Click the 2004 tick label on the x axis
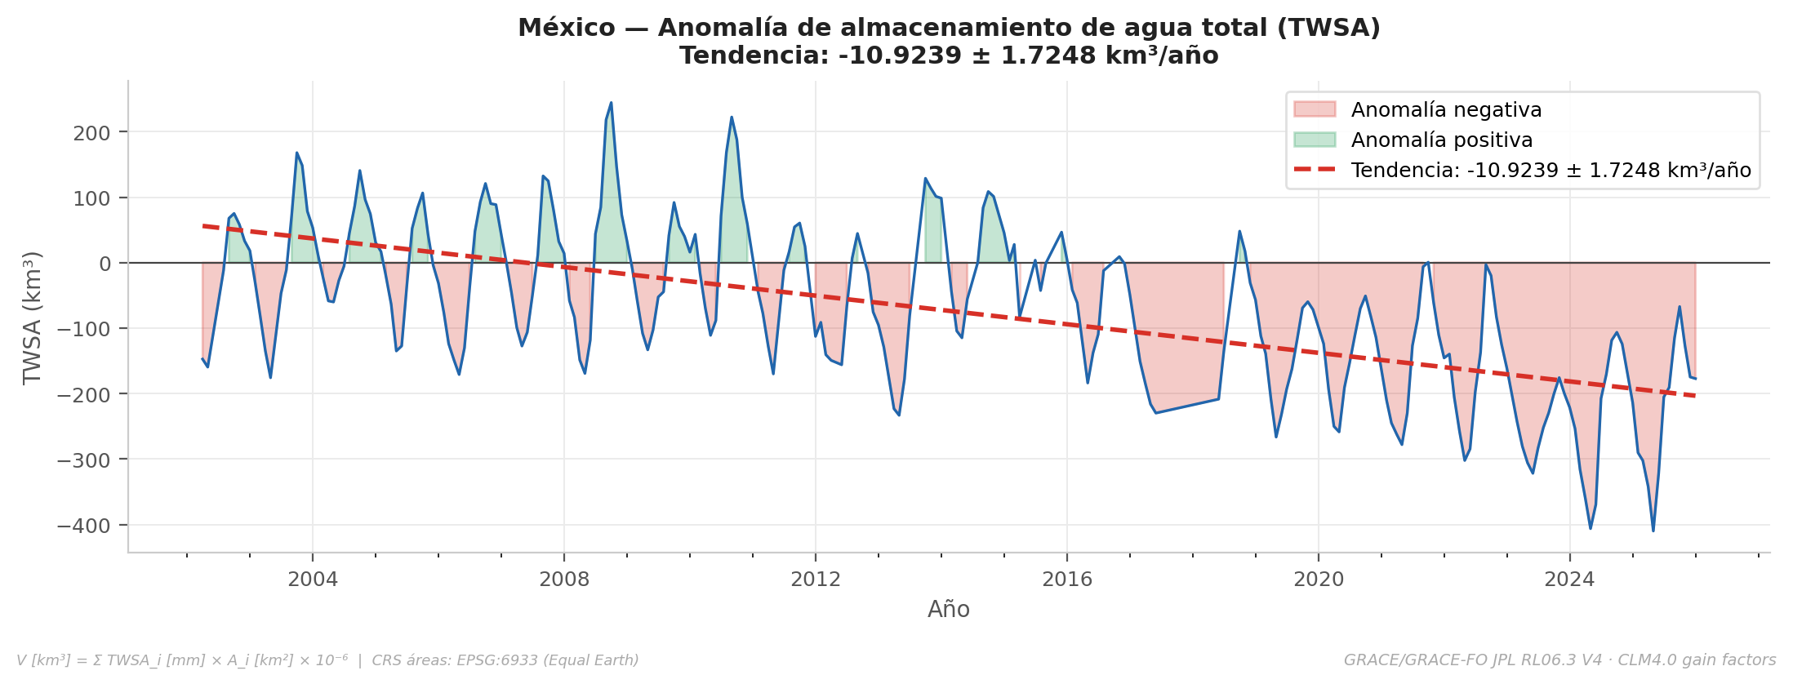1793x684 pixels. tap(313, 580)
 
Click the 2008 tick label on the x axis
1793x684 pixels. tap(564, 580)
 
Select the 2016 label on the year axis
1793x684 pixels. tap(1066, 580)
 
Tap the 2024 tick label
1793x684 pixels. tap(1569, 580)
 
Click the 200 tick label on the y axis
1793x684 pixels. tap(91, 133)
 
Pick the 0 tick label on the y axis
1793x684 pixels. tap(105, 264)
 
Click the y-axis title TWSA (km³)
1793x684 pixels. tap(33, 318)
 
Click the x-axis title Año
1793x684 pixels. tap(948, 610)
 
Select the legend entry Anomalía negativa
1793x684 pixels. tap(1446, 110)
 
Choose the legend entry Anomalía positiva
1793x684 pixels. tap(1441, 140)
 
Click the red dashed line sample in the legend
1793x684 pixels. tap(1315, 170)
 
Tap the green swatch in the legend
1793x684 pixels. tap(1315, 140)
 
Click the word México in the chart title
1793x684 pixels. tap(566, 28)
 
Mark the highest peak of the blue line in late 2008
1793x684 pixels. tap(611, 103)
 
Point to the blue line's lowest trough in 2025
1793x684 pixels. tap(1653, 531)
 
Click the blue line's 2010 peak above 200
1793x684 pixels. tap(732, 118)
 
